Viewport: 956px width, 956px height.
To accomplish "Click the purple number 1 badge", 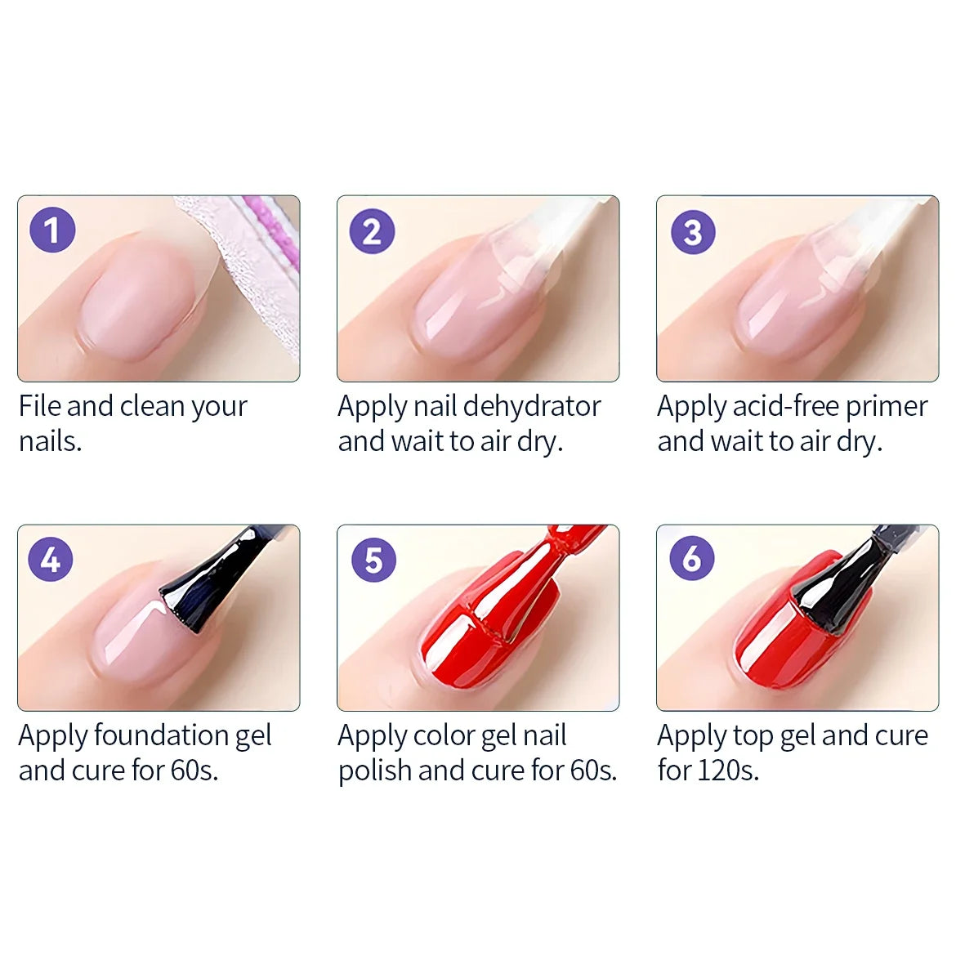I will [x=52, y=230].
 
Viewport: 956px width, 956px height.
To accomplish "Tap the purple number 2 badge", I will [x=372, y=231].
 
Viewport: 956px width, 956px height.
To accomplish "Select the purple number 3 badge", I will [x=693, y=232].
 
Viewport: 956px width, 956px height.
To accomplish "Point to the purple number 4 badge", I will [x=51, y=560].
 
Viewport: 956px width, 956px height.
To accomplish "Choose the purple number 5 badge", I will [x=373, y=561].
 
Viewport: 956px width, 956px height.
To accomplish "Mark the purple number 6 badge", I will [x=692, y=559].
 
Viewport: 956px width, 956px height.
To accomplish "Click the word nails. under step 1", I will [x=50, y=441].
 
